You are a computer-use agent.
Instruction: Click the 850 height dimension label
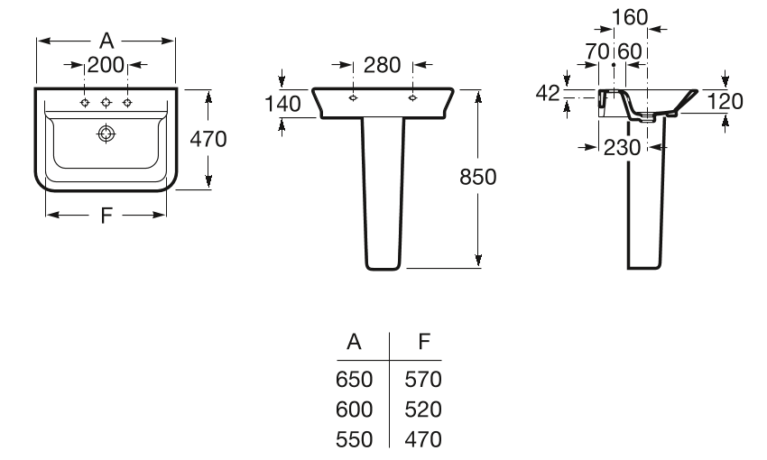point(478,177)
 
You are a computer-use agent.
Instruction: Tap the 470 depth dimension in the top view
point(208,139)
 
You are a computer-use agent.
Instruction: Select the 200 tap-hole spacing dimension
point(106,65)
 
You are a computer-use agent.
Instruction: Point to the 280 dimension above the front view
point(382,65)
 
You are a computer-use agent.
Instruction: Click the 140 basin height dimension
point(282,104)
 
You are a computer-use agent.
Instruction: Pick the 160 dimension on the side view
point(630,18)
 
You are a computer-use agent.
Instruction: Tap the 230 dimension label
point(623,147)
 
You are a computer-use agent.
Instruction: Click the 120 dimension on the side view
point(725,101)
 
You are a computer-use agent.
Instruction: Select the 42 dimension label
point(548,93)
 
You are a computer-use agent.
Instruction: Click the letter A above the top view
point(106,41)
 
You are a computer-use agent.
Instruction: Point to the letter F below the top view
point(106,215)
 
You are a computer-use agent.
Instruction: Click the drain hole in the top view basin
point(106,133)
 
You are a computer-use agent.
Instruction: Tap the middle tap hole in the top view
point(106,102)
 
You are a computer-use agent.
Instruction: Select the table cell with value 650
point(354,380)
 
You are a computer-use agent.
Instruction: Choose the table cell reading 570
point(423,380)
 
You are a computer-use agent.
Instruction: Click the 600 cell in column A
point(354,409)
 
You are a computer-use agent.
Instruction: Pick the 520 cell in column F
point(423,409)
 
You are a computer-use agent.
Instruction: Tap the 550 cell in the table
point(354,439)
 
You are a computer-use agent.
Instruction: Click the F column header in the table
point(424,342)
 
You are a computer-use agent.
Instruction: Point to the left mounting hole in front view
point(353,97)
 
